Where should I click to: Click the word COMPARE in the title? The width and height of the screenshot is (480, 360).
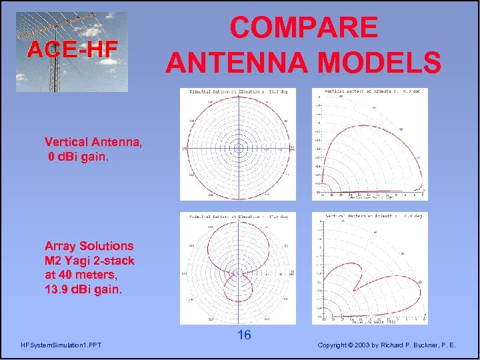click(x=303, y=29)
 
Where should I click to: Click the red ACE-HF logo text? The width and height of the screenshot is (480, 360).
click(x=72, y=49)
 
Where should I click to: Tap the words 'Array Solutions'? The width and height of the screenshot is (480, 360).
click(x=89, y=246)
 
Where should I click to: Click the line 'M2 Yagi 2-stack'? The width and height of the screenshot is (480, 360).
click(x=89, y=261)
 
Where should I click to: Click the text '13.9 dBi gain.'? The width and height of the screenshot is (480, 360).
click(x=83, y=289)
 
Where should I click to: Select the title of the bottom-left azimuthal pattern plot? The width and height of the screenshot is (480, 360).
click(x=237, y=217)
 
